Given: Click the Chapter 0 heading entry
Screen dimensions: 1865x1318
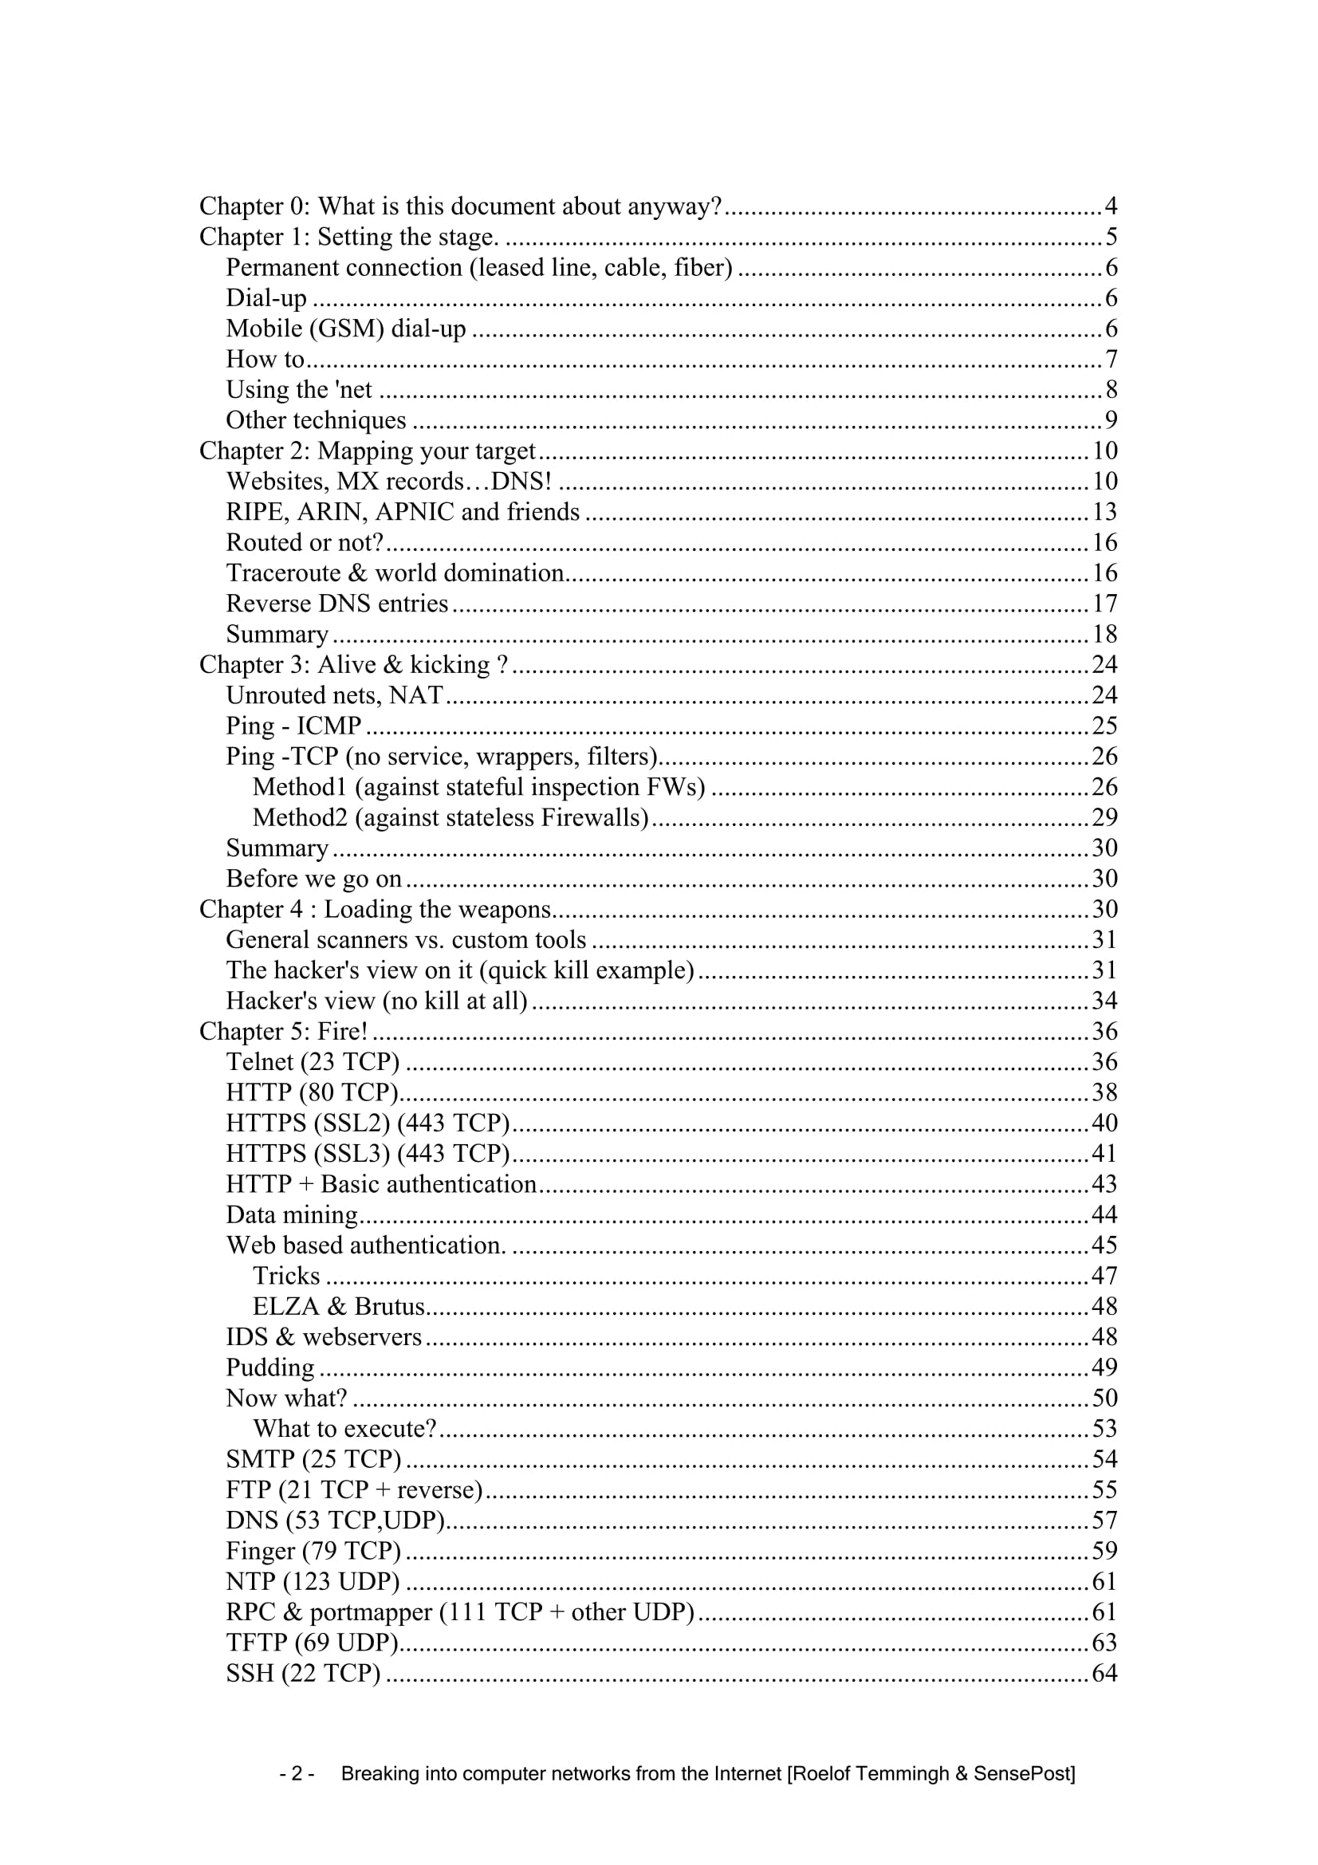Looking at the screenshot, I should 460,207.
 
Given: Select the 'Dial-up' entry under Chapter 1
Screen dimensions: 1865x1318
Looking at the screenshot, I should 266,298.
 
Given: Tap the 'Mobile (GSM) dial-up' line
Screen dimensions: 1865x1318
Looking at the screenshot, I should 346,329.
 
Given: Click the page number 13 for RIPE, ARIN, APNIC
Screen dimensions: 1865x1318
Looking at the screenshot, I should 1104,512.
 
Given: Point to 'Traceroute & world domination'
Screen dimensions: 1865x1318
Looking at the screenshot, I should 395,573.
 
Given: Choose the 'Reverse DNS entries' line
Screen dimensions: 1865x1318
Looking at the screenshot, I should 337,604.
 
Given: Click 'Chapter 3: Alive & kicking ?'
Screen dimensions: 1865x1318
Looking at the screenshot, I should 354,665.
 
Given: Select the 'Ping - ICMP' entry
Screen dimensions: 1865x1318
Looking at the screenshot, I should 293,726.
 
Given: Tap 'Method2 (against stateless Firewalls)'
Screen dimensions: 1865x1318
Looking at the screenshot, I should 450,818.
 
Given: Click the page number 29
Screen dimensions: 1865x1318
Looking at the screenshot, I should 1104,817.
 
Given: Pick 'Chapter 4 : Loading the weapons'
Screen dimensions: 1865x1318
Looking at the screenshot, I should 376,910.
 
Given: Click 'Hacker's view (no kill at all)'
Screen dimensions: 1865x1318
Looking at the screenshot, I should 377,1001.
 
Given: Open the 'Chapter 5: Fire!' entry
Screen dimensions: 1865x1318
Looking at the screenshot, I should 283,1032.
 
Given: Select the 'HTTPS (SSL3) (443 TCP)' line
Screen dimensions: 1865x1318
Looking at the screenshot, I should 368,1154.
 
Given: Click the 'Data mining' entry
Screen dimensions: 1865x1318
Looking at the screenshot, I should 292,1215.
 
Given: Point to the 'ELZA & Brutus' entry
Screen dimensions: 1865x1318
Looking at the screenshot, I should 339,1306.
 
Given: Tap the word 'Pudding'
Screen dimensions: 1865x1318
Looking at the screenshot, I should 270,1368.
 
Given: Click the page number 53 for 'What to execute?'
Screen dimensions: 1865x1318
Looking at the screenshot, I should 1104,1429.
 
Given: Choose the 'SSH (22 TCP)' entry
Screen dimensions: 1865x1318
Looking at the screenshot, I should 303,1674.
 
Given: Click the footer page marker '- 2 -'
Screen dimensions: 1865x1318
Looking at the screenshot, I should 297,1773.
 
